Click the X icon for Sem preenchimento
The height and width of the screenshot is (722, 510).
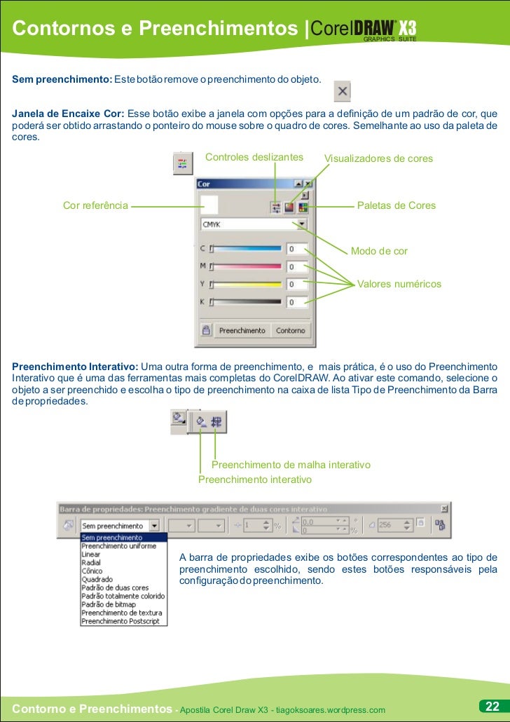point(343,91)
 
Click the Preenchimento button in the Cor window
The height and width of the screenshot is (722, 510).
point(242,330)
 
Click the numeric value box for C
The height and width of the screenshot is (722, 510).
point(297,249)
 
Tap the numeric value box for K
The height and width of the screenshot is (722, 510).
point(297,302)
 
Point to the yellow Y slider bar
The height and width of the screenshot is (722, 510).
point(247,284)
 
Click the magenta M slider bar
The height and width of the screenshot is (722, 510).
point(247,266)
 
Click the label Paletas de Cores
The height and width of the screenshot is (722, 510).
point(397,205)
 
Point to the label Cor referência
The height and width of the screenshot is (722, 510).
point(95,205)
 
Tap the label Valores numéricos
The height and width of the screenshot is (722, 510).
point(399,284)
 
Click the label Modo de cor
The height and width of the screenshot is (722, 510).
point(379,251)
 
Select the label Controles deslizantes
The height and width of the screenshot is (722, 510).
point(254,157)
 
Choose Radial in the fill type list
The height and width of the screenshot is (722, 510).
point(91,563)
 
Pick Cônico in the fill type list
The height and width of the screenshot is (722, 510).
point(92,571)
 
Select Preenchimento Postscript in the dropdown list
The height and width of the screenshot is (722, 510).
point(120,621)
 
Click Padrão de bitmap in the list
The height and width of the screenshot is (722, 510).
point(109,604)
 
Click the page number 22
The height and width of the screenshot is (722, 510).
point(491,705)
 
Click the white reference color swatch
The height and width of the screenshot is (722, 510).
point(209,205)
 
